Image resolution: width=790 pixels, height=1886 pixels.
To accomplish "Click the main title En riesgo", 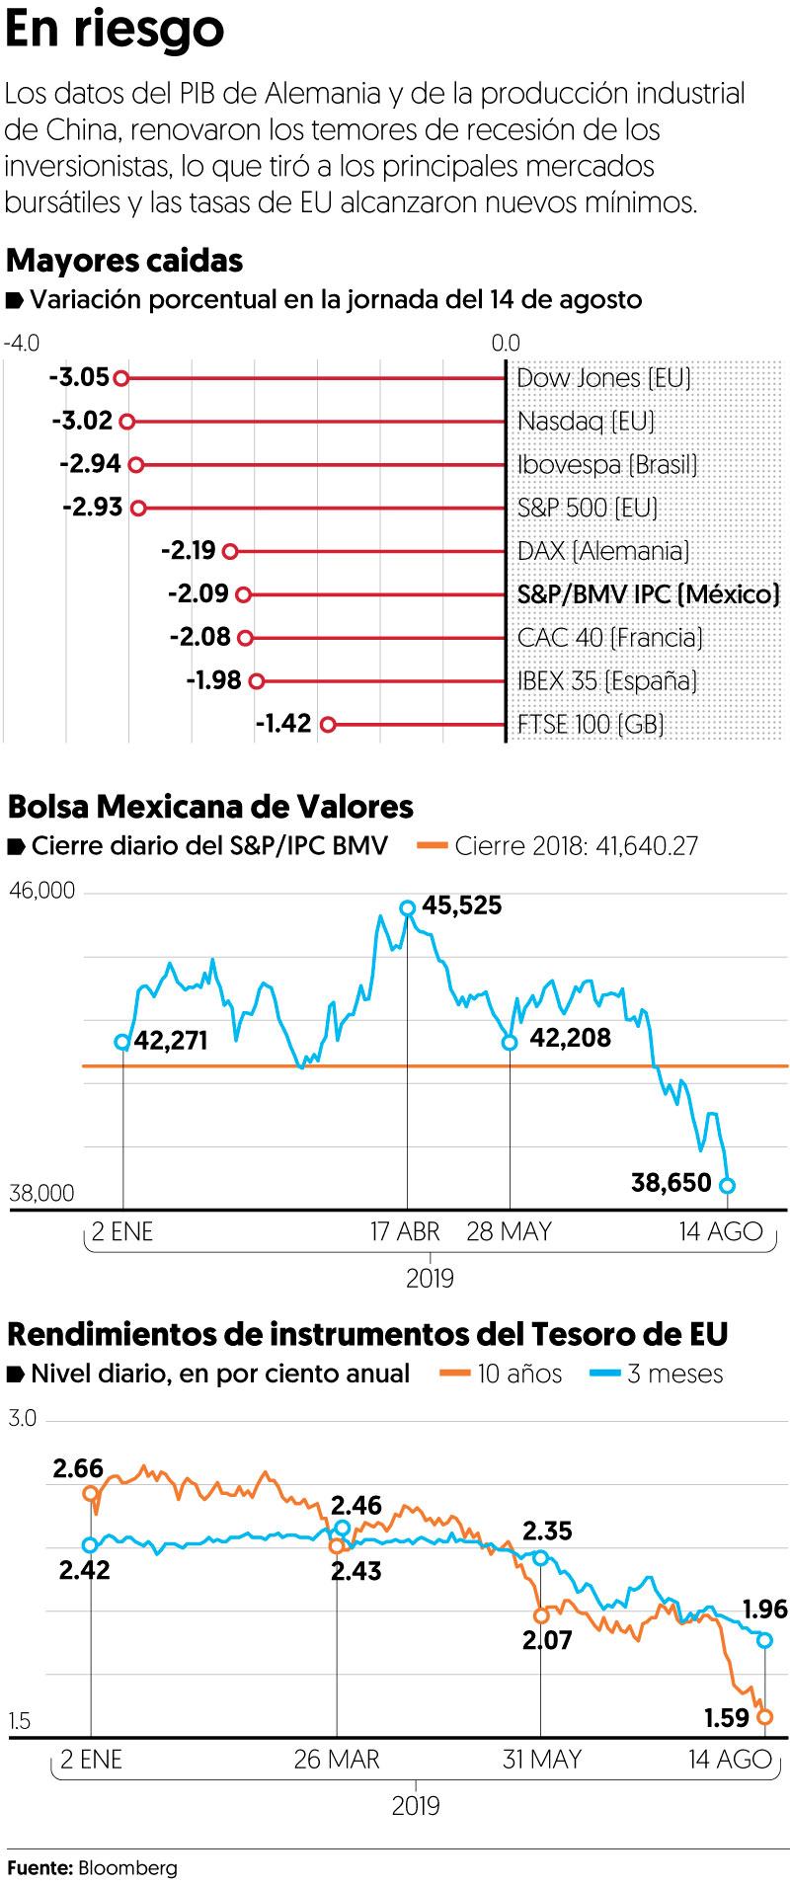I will [x=115, y=30].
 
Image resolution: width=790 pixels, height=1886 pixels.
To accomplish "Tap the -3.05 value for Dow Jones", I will [x=79, y=377].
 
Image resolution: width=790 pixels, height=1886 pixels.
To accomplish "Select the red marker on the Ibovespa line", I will [x=136, y=465].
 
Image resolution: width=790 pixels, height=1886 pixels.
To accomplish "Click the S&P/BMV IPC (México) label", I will [x=648, y=594].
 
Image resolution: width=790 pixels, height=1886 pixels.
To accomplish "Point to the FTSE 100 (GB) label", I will [x=590, y=724].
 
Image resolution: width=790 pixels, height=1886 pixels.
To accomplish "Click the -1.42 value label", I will [x=283, y=724].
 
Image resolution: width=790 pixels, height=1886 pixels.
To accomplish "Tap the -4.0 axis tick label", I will [x=22, y=343].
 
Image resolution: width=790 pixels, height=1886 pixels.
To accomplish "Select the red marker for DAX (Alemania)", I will [x=231, y=551].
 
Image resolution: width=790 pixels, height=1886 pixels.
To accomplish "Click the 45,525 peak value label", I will [x=461, y=905].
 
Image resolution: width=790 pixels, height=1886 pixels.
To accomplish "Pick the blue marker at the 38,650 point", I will [x=728, y=1185].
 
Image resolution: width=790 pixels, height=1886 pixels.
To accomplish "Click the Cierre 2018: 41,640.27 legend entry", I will [x=559, y=846].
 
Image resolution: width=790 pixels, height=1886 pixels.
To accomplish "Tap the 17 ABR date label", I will [x=405, y=1231].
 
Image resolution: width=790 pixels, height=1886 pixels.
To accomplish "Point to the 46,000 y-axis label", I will [x=41, y=891].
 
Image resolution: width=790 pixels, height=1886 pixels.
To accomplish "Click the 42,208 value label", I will [x=570, y=1038].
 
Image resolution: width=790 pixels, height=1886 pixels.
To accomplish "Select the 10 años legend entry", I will [x=502, y=1374].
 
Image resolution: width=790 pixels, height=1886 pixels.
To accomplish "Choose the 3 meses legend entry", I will [x=657, y=1374].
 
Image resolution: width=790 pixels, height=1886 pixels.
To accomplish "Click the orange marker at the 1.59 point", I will [x=764, y=1717].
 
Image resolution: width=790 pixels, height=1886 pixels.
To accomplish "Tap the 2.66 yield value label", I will [x=78, y=1468].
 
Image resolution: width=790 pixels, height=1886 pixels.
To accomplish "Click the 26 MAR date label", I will [x=336, y=1759].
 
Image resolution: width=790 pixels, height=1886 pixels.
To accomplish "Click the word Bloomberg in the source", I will [x=127, y=1867].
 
